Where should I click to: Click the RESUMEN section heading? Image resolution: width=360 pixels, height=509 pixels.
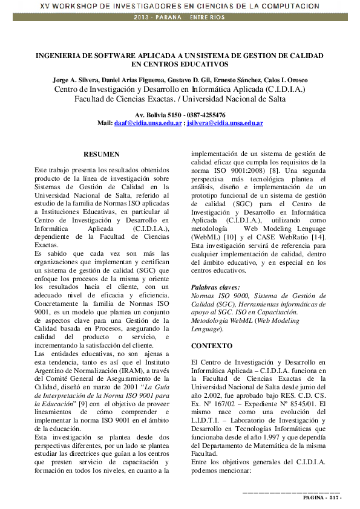(102, 155)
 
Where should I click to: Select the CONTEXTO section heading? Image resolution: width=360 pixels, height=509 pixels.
(211, 346)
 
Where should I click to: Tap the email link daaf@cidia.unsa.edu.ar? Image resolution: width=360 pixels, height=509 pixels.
(148, 123)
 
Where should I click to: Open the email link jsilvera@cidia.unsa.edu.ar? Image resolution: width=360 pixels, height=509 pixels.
(224, 123)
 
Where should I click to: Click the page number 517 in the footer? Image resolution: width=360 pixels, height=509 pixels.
(335, 498)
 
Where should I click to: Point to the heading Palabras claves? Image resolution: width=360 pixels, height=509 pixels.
(215, 287)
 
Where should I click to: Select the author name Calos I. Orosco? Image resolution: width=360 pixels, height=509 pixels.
(286, 80)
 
